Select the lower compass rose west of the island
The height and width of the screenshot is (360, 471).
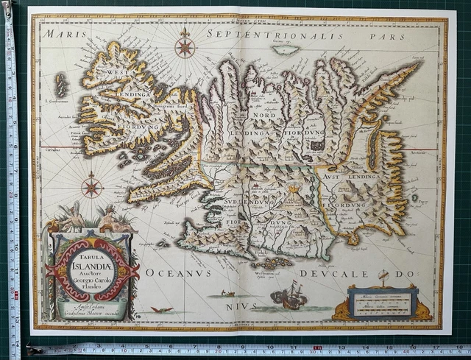(x=92, y=186)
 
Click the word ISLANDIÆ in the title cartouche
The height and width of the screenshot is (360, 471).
(x=93, y=258)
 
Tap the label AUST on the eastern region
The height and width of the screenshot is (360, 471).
(x=332, y=177)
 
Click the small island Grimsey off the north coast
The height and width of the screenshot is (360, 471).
(x=285, y=50)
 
